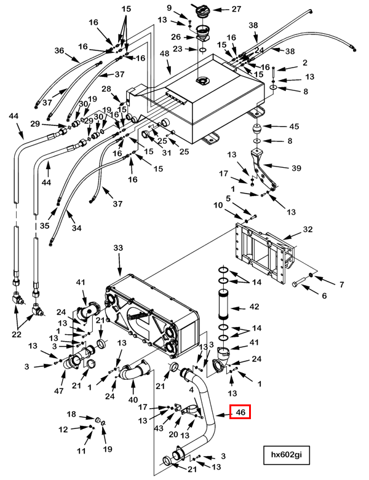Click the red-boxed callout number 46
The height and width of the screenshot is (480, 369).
[x=240, y=412]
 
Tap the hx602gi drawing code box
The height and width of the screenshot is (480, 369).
[x=287, y=455]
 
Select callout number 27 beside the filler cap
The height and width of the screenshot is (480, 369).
[x=236, y=9]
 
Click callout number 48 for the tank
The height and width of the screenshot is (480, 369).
[x=164, y=53]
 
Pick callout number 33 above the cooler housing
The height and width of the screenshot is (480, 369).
[x=118, y=248]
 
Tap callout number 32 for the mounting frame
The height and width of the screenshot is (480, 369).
[x=307, y=229]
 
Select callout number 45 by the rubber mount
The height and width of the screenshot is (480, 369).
[x=294, y=126]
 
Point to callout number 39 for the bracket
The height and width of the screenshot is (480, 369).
[x=296, y=168]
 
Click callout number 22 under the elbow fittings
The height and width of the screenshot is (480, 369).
[x=17, y=334]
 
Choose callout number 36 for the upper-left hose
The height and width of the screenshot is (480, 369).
[x=59, y=50]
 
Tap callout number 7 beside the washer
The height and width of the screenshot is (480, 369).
[x=341, y=285]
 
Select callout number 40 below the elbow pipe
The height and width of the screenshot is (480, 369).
[x=133, y=400]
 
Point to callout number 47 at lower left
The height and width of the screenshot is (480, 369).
[x=58, y=391]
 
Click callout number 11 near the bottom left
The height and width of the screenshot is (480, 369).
[x=81, y=450]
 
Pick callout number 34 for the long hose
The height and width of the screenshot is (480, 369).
[x=76, y=228]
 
